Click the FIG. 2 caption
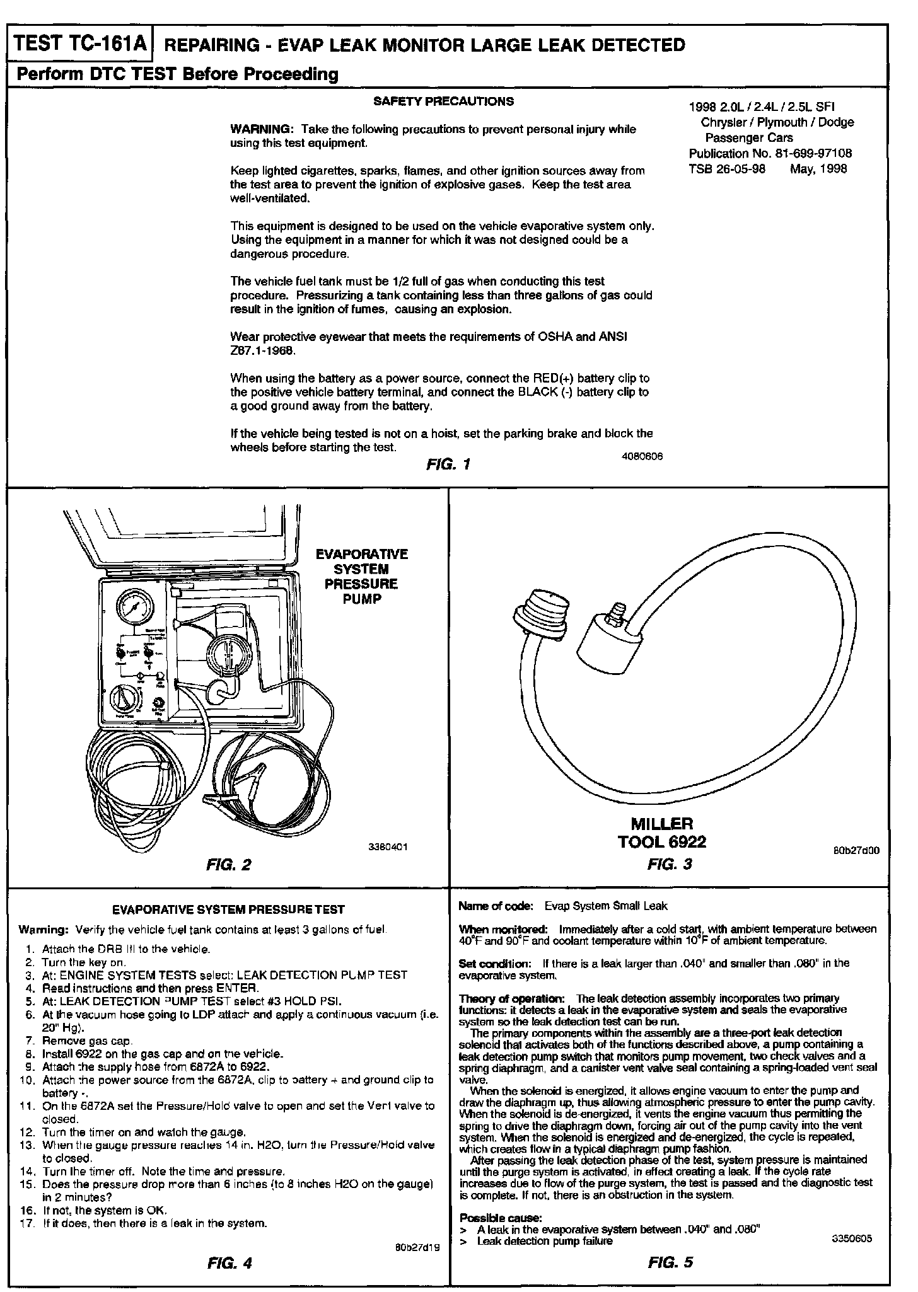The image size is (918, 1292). pyautogui.click(x=228, y=864)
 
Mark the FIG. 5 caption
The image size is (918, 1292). pyautogui.click(x=670, y=1262)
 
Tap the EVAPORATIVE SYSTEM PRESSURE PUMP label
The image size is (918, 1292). pyautogui.click(x=362, y=576)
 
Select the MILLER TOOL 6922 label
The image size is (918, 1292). pyautogui.click(x=662, y=832)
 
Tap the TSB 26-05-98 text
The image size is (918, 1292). pyautogui.click(x=726, y=168)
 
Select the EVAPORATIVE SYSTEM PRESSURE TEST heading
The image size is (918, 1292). pyautogui.click(x=228, y=909)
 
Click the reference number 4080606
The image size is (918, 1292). pyautogui.click(x=641, y=456)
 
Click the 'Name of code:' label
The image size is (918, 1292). pyautogui.click(x=496, y=906)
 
